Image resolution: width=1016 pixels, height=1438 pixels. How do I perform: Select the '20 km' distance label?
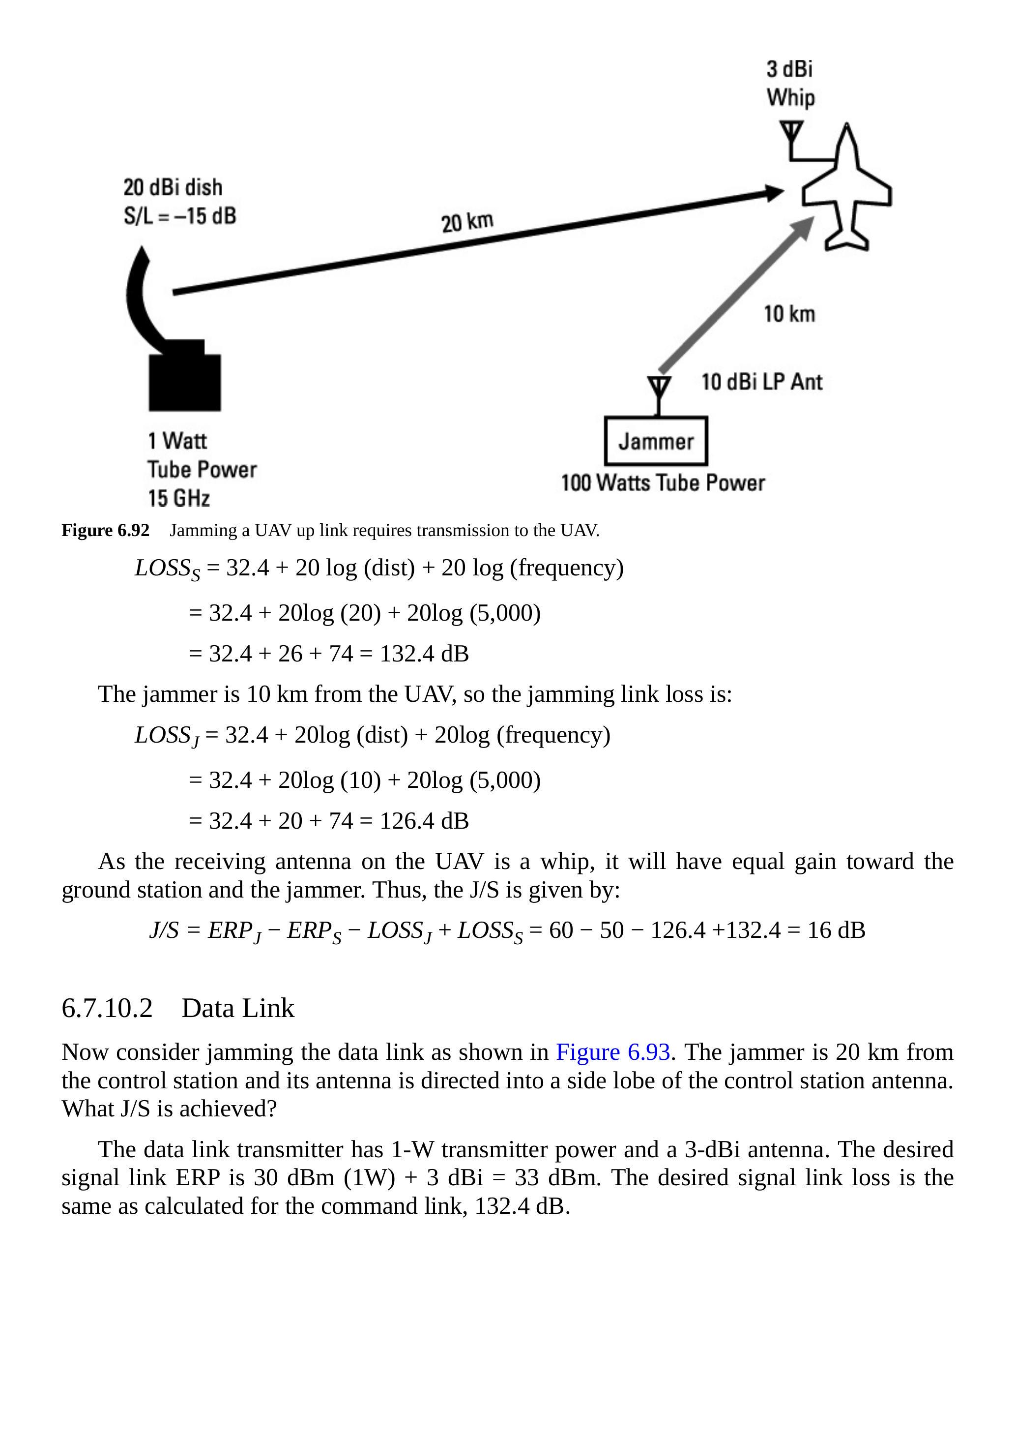(467, 222)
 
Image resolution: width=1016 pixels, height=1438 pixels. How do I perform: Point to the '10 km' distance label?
(789, 314)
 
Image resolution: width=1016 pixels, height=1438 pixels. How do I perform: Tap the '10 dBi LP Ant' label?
(761, 382)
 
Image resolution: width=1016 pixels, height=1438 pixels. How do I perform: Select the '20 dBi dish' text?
(173, 187)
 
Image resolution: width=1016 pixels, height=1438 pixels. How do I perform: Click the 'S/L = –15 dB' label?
(180, 215)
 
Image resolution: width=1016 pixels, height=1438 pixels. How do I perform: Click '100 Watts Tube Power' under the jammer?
(662, 483)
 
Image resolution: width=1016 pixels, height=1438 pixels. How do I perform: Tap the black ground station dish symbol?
(175, 338)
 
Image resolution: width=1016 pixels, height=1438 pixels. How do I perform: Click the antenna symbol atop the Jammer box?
(659, 392)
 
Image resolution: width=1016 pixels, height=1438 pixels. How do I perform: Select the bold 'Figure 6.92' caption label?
(105, 531)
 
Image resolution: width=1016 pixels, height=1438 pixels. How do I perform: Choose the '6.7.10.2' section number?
(107, 1008)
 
